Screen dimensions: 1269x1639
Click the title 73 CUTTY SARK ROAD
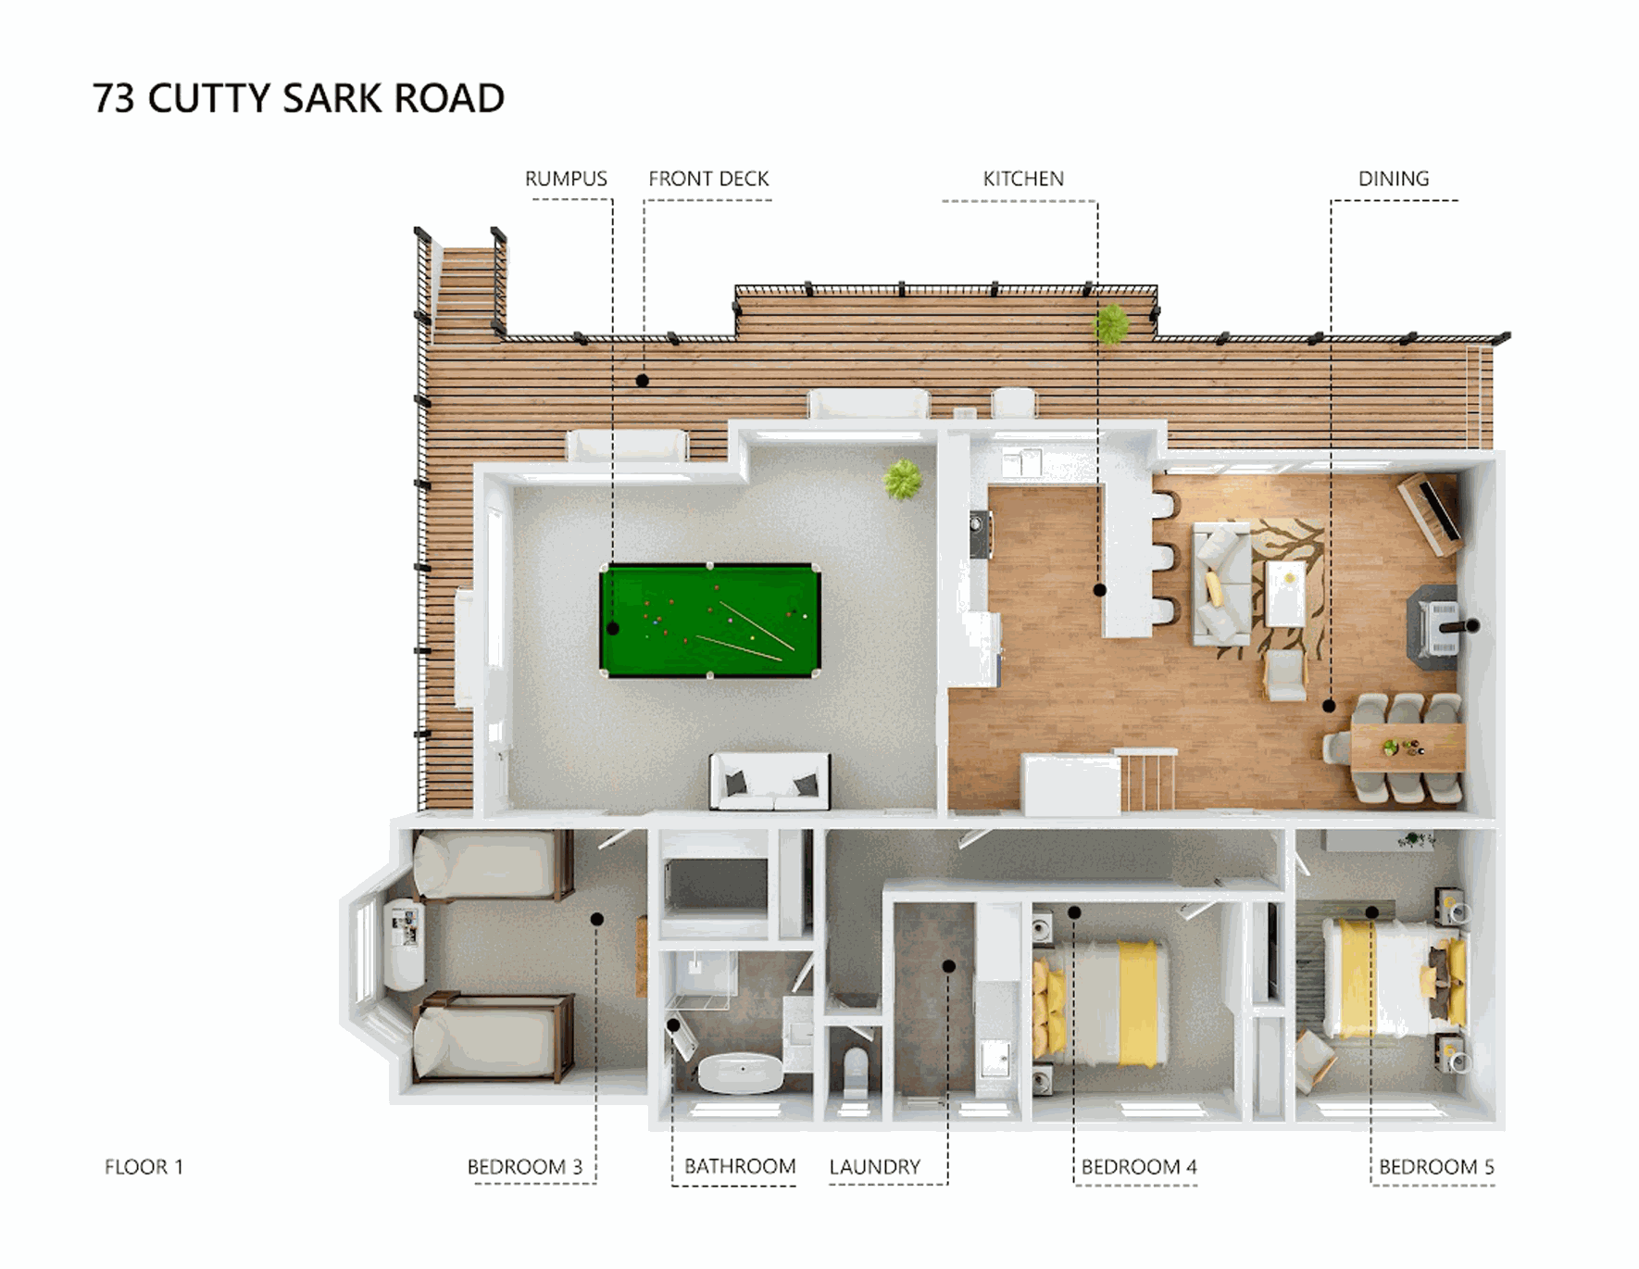(298, 98)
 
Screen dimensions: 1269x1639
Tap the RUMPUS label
(566, 179)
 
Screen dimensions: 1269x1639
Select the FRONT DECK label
(708, 179)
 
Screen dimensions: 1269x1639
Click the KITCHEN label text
(1023, 179)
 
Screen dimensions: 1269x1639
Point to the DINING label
(1393, 179)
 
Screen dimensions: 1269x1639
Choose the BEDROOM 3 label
(524, 1166)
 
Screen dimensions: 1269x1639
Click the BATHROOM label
(740, 1166)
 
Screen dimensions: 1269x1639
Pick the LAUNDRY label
(875, 1167)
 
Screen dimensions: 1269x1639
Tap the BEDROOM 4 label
(1139, 1166)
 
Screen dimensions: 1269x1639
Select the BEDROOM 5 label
(1436, 1166)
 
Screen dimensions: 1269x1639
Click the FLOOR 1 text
(144, 1166)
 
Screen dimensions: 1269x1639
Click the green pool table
(710, 621)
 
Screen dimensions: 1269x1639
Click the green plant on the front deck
(1111, 324)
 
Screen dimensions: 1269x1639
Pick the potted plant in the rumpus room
(902, 479)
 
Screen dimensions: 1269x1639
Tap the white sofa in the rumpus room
(769, 780)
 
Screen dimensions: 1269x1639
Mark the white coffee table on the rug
(1286, 593)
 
